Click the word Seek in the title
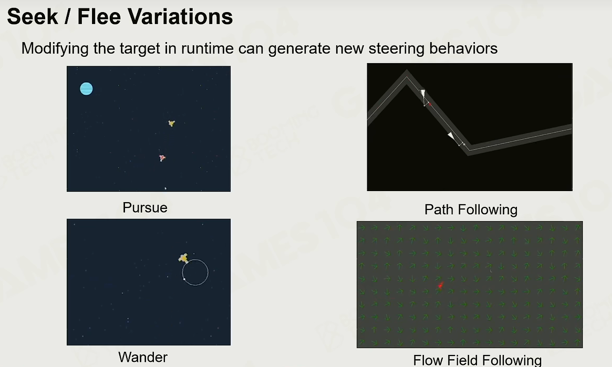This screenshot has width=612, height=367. [x=33, y=17]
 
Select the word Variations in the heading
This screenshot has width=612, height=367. [x=180, y=17]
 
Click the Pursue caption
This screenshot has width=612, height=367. [x=145, y=207]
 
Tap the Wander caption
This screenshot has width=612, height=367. [x=143, y=357]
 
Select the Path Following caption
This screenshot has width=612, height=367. [x=471, y=210]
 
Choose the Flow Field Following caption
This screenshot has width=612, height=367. [x=478, y=360]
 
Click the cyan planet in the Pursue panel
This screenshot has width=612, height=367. [x=86, y=89]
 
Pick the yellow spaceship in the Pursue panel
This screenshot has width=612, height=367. [x=171, y=123]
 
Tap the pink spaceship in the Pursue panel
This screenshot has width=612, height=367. [x=162, y=158]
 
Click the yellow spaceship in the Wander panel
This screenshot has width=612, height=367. [x=183, y=258]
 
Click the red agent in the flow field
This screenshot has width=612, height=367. [x=440, y=286]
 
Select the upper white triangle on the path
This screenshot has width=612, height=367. [x=423, y=93]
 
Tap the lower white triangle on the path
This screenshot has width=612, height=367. [x=451, y=136]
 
